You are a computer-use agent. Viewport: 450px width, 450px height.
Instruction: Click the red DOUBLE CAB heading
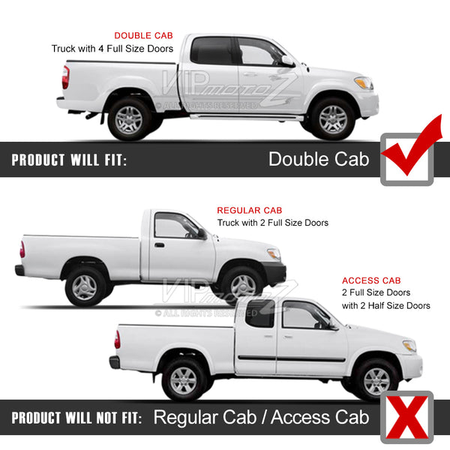(143, 35)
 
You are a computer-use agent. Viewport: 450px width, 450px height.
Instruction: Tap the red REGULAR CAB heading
(250, 210)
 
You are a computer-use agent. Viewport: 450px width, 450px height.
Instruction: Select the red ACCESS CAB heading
(371, 280)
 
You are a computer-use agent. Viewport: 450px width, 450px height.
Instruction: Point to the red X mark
(407, 417)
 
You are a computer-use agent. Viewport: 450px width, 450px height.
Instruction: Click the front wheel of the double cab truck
(333, 119)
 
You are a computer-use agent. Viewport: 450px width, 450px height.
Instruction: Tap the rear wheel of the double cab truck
(129, 120)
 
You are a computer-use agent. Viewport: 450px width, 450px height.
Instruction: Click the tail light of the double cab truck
(66, 77)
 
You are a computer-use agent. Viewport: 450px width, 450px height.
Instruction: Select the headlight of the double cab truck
(364, 83)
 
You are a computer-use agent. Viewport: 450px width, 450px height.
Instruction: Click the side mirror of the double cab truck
(288, 61)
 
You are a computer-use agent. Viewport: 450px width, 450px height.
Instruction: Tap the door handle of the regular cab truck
(159, 245)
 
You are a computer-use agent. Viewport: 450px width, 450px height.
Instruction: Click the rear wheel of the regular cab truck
(85, 287)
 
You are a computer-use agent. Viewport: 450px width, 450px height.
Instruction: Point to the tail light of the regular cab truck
(22, 249)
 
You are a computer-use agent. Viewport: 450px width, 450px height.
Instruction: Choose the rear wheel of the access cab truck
(184, 380)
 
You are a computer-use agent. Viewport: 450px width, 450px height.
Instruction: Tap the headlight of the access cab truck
(409, 346)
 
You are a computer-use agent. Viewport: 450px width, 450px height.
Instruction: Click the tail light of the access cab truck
(118, 340)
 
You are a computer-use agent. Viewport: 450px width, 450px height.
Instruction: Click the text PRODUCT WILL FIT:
(69, 160)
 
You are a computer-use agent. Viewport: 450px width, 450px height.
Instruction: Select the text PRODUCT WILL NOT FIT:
(76, 418)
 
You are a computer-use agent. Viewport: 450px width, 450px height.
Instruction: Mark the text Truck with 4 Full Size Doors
(112, 49)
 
